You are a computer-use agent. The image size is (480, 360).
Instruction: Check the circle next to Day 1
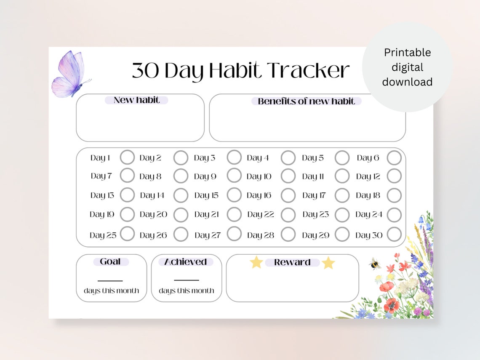(x=127, y=157)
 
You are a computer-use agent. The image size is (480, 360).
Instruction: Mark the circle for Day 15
(x=234, y=195)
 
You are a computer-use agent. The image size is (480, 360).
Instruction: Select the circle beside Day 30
(x=394, y=235)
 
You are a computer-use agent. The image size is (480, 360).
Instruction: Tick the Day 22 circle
(x=288, y=215)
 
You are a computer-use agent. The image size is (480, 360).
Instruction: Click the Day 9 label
(x=205, y=176)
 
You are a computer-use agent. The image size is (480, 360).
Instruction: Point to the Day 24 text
(x=369, y=214)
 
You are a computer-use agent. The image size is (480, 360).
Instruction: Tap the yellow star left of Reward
(x=256, y=262)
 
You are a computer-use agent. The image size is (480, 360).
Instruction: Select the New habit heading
(x=136, y=100)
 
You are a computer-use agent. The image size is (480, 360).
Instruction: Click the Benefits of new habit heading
(x=306, y=101)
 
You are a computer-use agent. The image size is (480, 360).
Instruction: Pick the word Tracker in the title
(x=308, y=70)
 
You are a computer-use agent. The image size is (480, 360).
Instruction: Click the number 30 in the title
(x=146, y=71)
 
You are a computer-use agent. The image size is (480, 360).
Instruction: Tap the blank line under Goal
(x=110, y=280)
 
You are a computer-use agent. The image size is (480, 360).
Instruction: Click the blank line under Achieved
(x=186, y=280)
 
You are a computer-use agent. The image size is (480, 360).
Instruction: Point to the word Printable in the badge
(x=407, y=53)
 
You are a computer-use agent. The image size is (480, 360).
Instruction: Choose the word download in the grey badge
(x=407, y=82)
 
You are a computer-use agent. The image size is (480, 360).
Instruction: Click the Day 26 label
(x=153, y=235)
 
